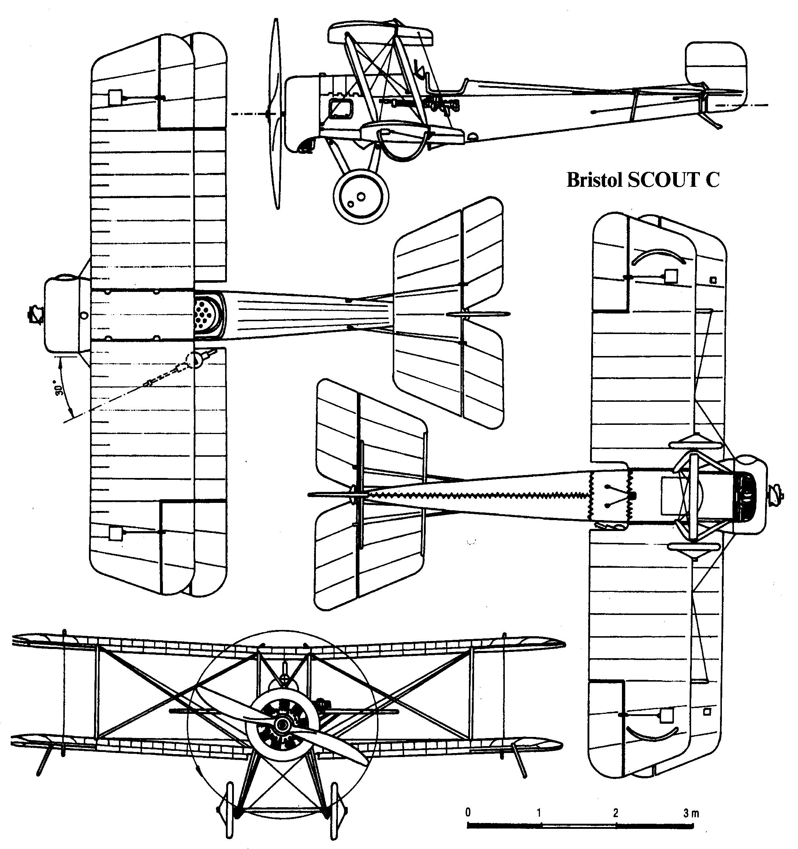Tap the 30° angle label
tap(60, 388)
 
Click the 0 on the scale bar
tap(468, 812)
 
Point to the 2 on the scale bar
tap(615, 813)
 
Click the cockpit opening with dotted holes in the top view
tap(209, 315)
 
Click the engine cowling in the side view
tap(303, 113)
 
